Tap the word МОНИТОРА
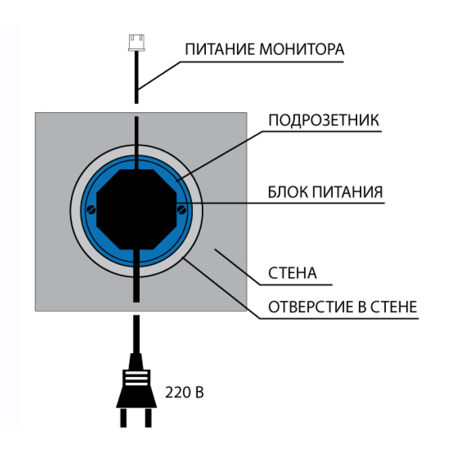(302, 49)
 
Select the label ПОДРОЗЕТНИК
(324, 120)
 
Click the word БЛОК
(288, 192)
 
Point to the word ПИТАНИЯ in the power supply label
(348, 192)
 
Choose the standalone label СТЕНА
(293, 273)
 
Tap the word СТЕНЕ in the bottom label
(393, 307)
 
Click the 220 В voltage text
(184, 392)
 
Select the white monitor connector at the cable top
(137, 43)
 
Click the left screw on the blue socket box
(91, 209)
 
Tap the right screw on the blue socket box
(182, 209)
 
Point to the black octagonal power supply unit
(137, 209)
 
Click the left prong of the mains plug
(123, 417)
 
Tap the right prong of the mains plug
(148, 417)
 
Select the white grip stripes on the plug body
(137, 378)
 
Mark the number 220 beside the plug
(178, 392)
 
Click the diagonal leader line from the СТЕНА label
(237, 267)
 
